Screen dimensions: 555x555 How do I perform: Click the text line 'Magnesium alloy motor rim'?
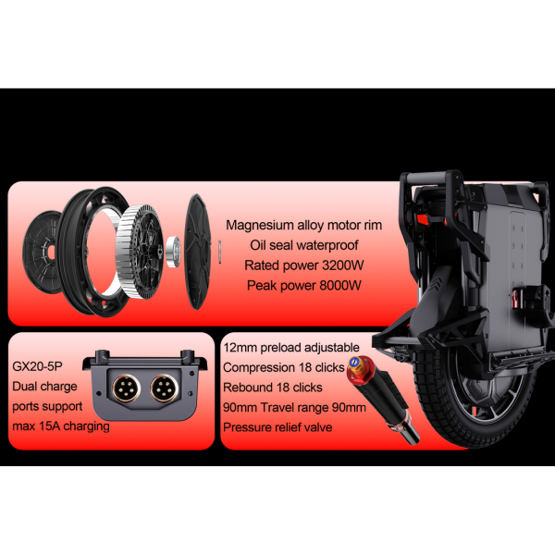tap(303, 225)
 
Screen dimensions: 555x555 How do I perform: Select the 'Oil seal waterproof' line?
tap(303, 245)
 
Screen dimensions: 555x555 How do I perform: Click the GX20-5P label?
tap(37, 366)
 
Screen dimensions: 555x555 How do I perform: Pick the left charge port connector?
tap(126, 388)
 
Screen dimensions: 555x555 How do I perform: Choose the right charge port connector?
tap(164, 388)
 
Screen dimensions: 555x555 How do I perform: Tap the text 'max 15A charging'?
tap(61, 425)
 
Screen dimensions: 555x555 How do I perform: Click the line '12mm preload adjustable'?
tap(291, 347)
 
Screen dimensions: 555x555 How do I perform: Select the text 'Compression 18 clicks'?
tap(284, 367)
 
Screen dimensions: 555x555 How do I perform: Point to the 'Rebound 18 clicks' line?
tap(273, 388)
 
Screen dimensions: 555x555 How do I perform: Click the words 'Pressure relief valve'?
tap(277, 427)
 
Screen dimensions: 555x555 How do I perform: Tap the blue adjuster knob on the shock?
tap(353, 362)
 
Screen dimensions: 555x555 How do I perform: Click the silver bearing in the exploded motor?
tap(174, 252)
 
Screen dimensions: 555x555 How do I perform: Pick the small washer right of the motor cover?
tap(220, 252)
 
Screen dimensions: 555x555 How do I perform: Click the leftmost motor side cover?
tap(40, 252)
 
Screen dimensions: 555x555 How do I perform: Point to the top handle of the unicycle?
tap(430, 177)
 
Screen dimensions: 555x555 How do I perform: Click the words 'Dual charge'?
tap(44, 386)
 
